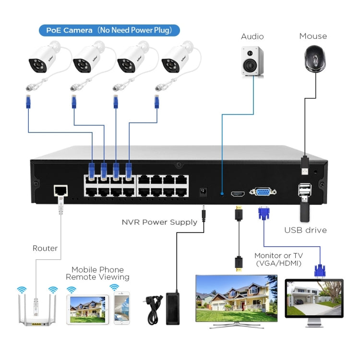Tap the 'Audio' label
(252, 36)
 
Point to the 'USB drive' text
(305, 230)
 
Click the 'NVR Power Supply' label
(159, 222)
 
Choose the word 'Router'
(45, 248)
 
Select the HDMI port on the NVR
(238, 193)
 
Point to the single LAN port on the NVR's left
(60, 190)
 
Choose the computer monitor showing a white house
(314, 299)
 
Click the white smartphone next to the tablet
(122, 309)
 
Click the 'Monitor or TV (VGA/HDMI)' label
(278, 260)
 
